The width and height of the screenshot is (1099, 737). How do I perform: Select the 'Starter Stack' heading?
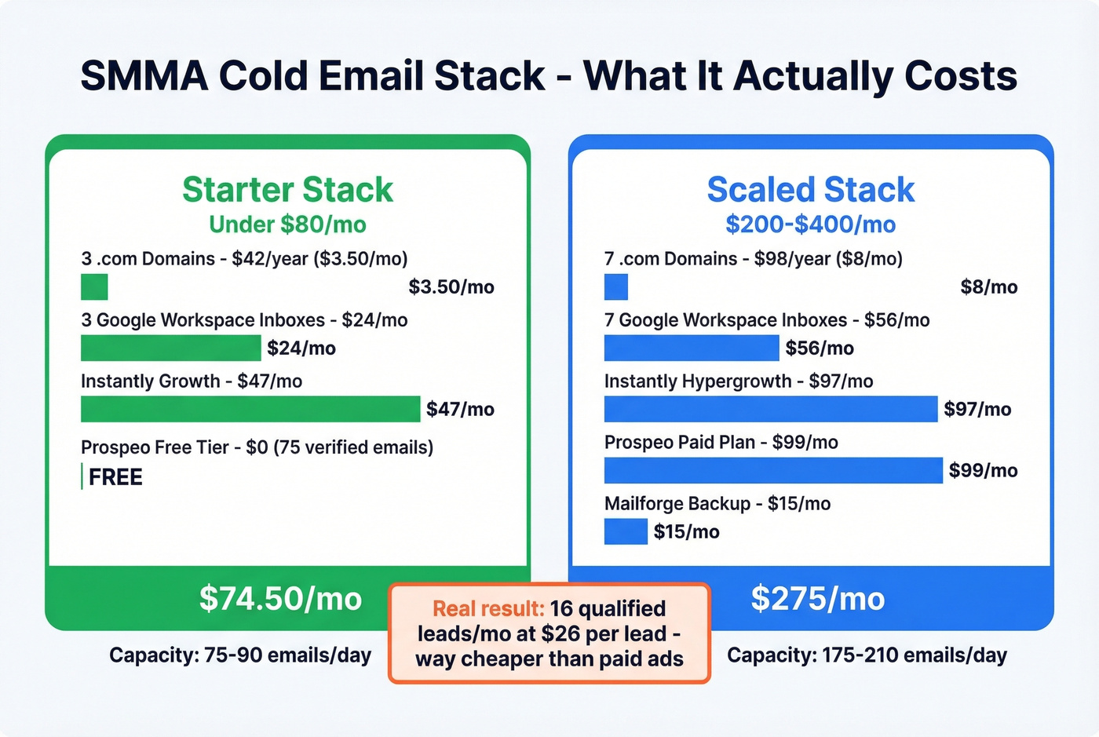287,190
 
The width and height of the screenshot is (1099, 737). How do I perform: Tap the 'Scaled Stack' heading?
810,190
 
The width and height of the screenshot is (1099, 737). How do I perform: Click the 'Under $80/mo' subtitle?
287,224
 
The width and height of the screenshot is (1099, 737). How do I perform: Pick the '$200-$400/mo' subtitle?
810,224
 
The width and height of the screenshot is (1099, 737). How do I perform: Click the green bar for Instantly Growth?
250,409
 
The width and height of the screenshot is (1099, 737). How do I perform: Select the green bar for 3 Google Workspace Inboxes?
170,348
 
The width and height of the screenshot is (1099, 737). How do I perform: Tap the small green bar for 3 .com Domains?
94,286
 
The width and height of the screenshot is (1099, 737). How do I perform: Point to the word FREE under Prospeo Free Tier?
115,477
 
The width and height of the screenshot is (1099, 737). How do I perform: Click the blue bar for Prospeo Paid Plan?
772,470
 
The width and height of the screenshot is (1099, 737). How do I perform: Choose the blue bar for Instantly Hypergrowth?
770,409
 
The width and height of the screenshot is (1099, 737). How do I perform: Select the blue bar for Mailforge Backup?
626,531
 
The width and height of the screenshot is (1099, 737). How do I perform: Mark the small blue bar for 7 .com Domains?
616,286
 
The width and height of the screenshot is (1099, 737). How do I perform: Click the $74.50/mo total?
280,598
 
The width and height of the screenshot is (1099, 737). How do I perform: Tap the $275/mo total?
817,598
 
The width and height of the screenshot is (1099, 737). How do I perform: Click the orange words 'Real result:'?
487,608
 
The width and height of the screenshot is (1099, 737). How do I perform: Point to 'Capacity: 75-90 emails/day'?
240,655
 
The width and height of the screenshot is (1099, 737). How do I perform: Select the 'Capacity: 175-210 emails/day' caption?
867,655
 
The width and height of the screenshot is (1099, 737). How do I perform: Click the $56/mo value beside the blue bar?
820,348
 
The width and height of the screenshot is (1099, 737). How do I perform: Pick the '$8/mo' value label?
988,286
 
